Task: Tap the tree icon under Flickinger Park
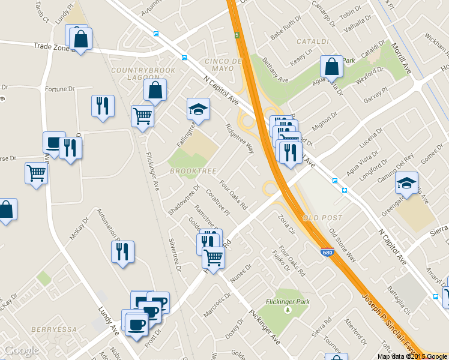(287, 310)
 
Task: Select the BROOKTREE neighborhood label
(193, 171)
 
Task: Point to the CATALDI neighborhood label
(313, 41)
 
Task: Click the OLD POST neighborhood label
(323, 217)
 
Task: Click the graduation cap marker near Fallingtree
(198, 109)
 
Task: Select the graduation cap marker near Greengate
(406, 183)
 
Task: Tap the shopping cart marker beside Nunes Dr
(214, 257)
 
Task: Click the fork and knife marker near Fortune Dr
(103, 106)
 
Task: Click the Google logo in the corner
(21, 350)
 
